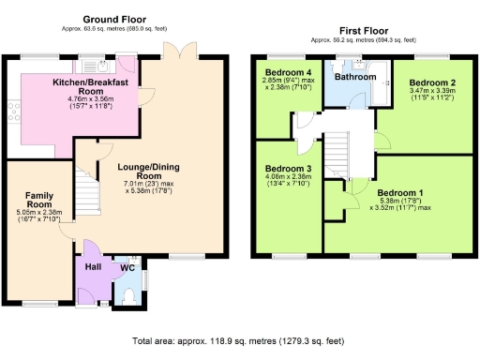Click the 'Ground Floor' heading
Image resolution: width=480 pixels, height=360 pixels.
(114, 19)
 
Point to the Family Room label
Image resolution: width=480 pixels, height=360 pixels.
(38, 200)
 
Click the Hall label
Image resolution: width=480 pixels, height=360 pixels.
(91, 266)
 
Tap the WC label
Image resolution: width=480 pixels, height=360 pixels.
(127, 267)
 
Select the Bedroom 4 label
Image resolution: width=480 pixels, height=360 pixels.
(288, 72)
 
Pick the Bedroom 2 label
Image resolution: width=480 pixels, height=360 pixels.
(432, 82)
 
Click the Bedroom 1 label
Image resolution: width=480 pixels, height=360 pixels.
(400, 193)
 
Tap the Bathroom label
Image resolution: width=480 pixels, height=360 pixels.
(354, 77)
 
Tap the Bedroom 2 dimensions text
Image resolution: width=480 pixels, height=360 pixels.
(431, 97)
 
